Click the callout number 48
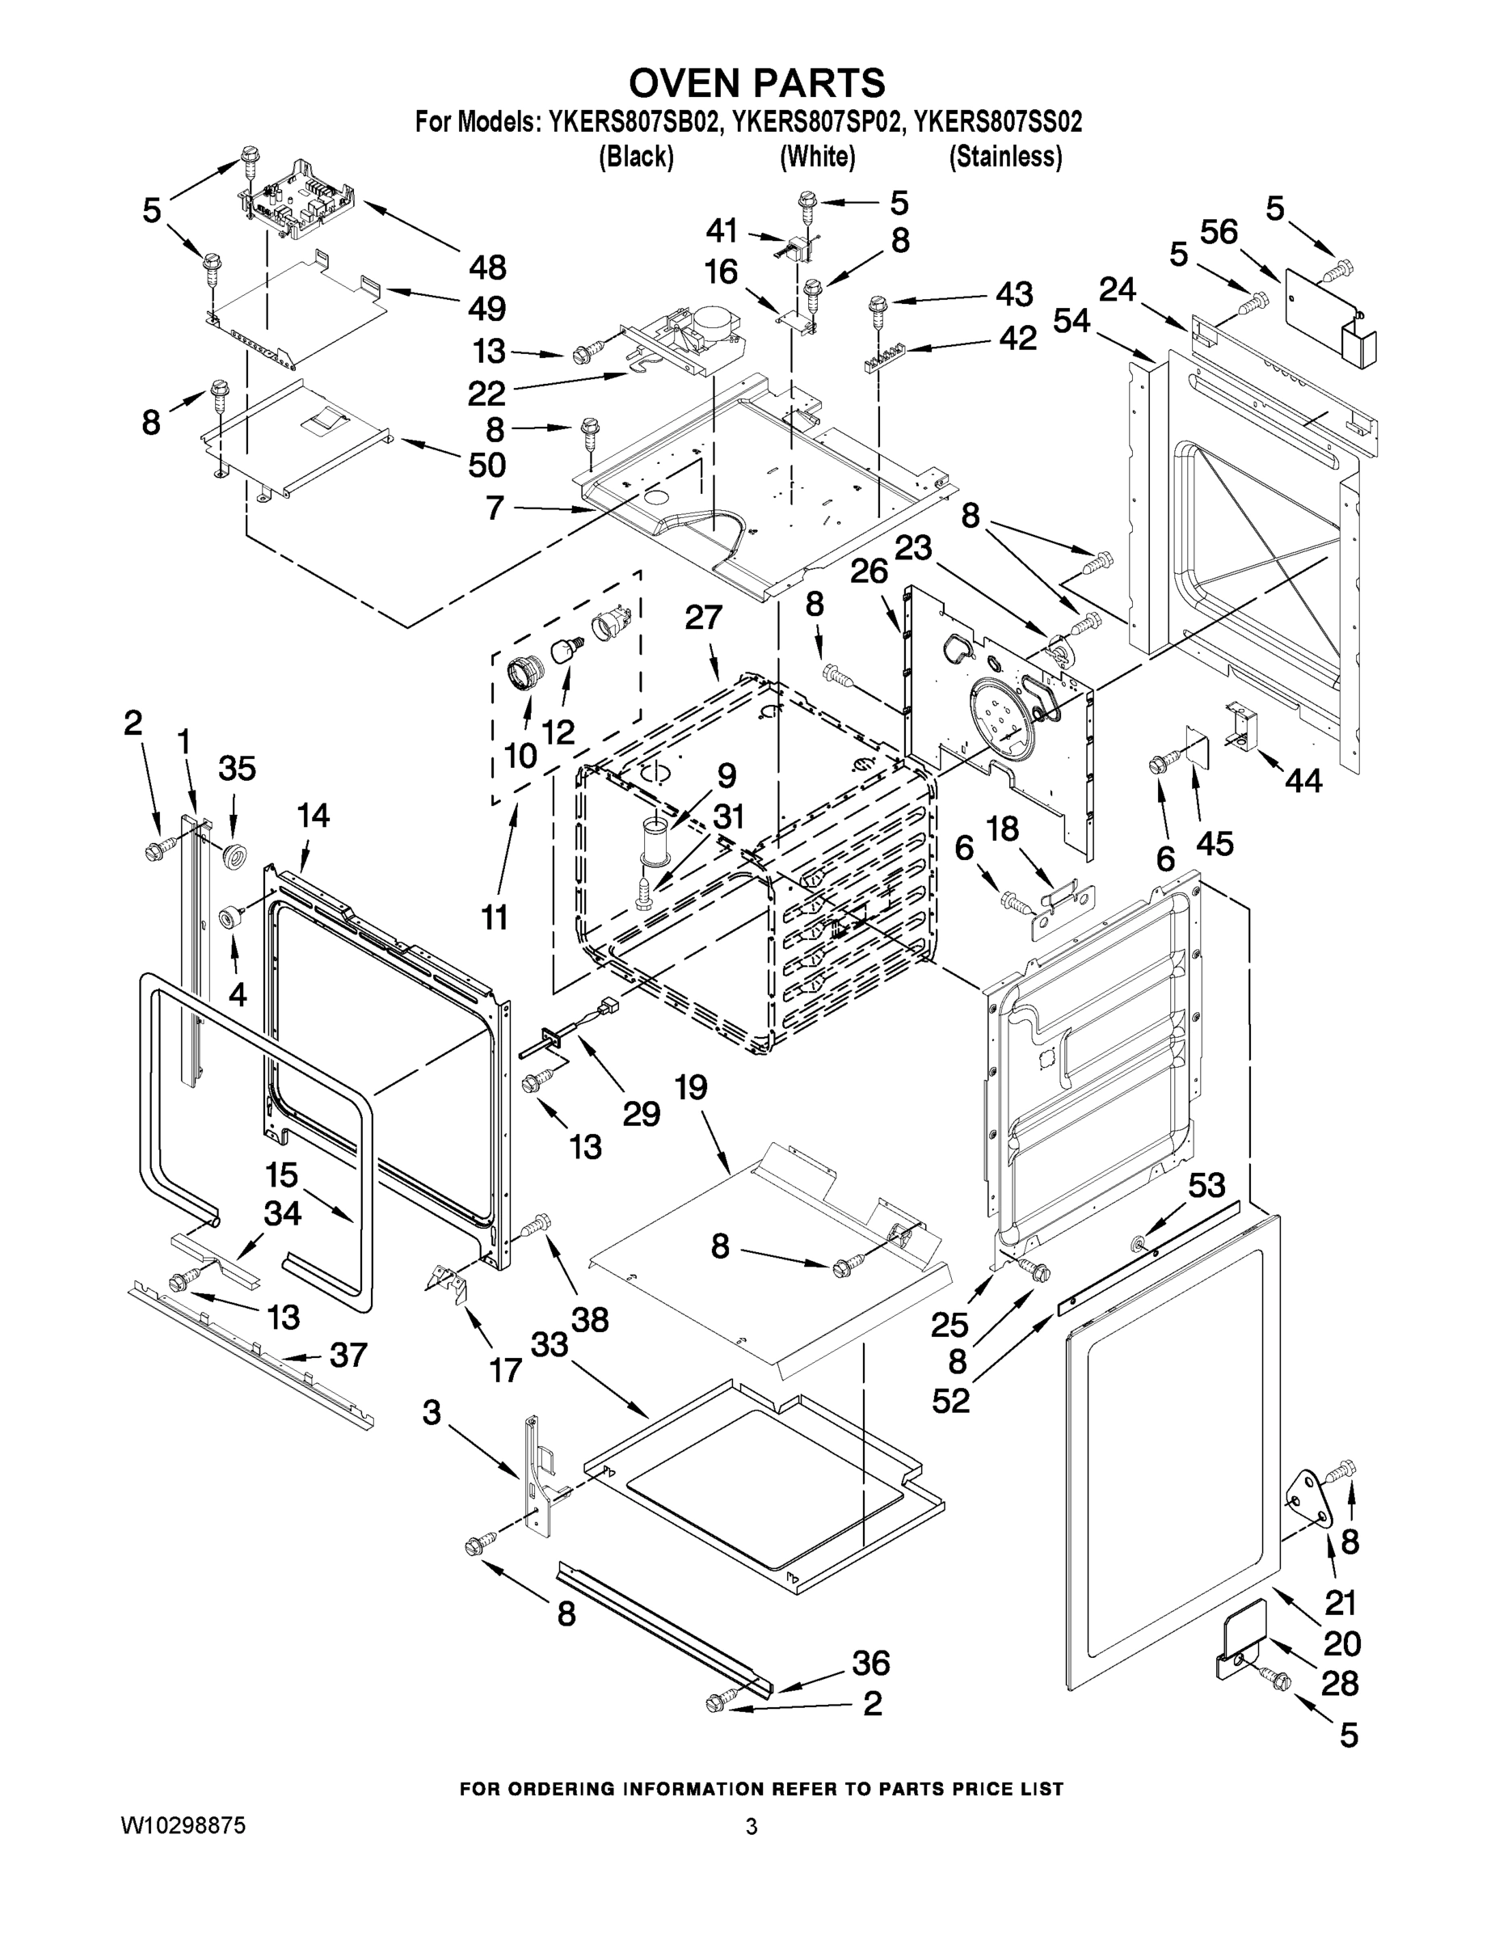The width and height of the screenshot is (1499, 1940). click(487, 267)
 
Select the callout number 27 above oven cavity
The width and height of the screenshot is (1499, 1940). click(703, 618)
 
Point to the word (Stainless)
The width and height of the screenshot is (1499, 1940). click(1005, 158)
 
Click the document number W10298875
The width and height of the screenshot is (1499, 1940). click(183, 1826)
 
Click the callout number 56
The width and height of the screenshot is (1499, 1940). click(1219, 233)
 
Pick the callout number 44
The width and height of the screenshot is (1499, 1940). click(1303, 780)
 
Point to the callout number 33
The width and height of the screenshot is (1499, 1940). click(549, 1345)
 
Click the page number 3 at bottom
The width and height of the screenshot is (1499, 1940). click(752, 1827)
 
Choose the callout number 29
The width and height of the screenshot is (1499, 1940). click(641, 1114)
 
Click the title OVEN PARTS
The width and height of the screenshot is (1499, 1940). click(756, 82)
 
